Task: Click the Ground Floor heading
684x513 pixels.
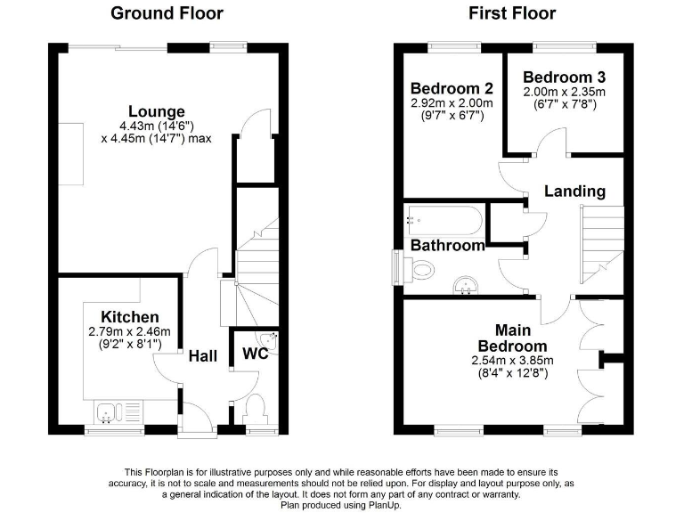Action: [x=167, y=13]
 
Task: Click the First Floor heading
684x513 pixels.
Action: [x=512, y=13]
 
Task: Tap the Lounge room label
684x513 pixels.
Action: [x=156, y=111]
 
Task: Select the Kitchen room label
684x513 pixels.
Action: [x=130, y=317]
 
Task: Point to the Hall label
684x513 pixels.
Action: [x=203, y=356]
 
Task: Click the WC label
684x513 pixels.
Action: [x=256, y=354]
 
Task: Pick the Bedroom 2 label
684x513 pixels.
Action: [x=452, y=88]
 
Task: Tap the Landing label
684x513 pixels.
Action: [x=574, y=191]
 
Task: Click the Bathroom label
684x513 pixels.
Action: [x=447, y=245]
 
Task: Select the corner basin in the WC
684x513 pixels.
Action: [x=269, y=339]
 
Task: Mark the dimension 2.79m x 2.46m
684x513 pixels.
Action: [x=130, y=332]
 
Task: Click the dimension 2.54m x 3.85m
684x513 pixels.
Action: [x=511, y=361]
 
